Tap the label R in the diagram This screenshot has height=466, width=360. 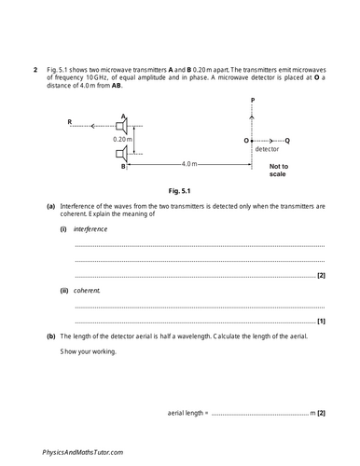point(70,122)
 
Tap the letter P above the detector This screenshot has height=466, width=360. point(252,101)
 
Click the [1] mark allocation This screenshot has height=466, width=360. point(321,321)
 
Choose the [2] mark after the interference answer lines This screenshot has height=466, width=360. point(321,276)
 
